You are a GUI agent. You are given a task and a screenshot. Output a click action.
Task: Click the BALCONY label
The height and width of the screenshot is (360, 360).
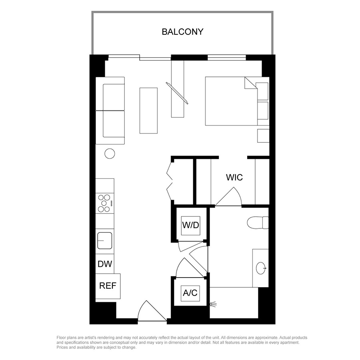coord(182,32)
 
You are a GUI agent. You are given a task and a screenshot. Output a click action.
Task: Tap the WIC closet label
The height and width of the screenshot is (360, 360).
coord(234,177)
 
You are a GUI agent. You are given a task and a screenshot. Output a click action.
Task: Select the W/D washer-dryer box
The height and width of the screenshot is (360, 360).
coord(190,226)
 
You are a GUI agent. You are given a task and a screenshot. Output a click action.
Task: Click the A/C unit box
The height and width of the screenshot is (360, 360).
coord(190,293)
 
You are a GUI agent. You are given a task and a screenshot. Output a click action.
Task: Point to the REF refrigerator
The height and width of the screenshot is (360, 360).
coord(108,286)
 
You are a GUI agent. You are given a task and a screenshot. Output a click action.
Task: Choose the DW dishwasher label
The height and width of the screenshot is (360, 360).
coord(105,264)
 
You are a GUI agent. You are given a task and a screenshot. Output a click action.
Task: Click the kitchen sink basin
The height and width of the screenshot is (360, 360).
coord(105,241)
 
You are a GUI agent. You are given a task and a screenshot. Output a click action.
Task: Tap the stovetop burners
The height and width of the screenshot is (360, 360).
coord(105,203)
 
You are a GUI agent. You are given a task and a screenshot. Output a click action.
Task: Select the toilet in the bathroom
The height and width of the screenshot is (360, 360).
coord(258,222)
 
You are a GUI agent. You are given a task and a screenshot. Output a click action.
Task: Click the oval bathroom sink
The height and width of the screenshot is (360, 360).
coord(261,268)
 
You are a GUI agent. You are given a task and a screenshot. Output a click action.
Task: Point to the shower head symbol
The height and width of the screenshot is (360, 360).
coord(213,305)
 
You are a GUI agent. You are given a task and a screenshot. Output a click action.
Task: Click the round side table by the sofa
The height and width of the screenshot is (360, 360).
coord(110,154)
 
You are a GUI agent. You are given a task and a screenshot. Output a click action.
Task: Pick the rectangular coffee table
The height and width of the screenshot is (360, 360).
coord(148,110)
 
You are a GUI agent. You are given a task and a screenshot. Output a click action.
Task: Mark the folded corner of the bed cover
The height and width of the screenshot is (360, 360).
coord(250,83)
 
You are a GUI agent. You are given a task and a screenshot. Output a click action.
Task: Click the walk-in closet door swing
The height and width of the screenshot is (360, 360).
coord(228,196)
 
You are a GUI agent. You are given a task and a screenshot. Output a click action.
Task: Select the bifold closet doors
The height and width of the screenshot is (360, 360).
coord(170,181)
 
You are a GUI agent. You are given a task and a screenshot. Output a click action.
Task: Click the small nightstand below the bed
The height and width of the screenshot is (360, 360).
coord(263,136)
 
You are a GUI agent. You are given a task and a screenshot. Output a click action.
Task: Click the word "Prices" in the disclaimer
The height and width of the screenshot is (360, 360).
coord(62,347)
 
